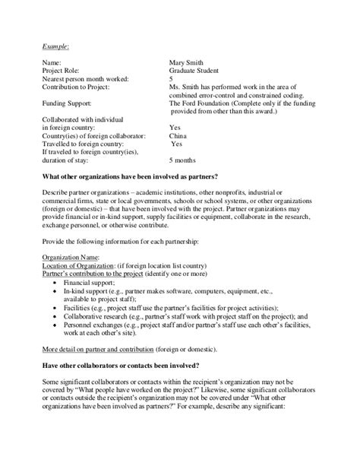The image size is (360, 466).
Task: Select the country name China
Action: coord(178,137)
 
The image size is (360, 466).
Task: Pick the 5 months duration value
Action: coord(183,161)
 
